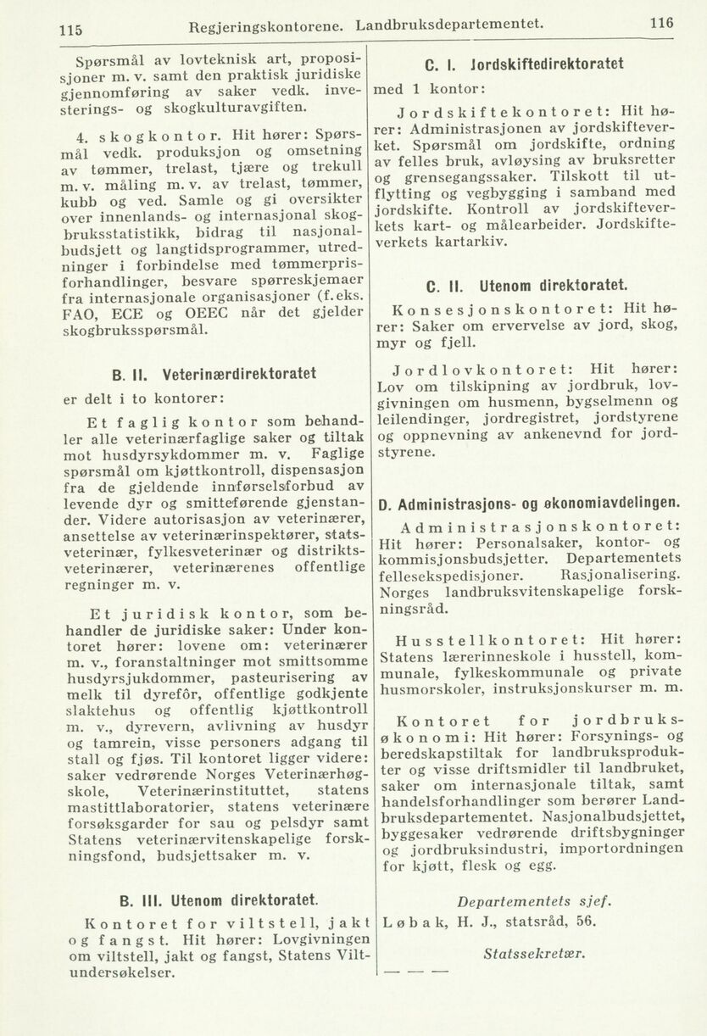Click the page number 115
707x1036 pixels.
tap(70, 30)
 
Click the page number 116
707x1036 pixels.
tap(662, 25)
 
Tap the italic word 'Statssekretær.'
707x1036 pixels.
tap(533, 952)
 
